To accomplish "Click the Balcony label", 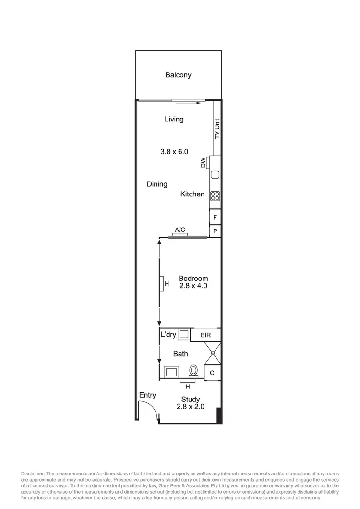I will pyautogui.click(x=178, y=75).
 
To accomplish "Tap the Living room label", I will pyautogui.click(x=174, y=119).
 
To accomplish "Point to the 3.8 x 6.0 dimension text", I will pyautogui.click(x=174, y=151).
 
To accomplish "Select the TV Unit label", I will pyautogui.click(x=217, y=129).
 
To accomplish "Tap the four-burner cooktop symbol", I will pyautogui.click(x=215, y=195).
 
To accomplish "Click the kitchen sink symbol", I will pyautogui.click(x=215, y=175).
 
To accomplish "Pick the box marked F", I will pyautogui.click(x=215, y=218).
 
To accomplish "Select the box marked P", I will pyautogui.click(x=215, y=231).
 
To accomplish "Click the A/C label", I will pyautogui.click(x=180, y=230).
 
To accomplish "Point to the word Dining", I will pyautogui.click(x=157, y=184).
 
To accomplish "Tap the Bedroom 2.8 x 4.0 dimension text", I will pyautogui.click(x=193, y=286).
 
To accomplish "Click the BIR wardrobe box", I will pyautogui.click(x=206, y=335).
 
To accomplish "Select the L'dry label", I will pyautogui.click(x=168, y=334).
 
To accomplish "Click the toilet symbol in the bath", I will pyautogui.click(x=194, y=370).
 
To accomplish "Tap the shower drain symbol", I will pyautogui.click(x=212, y=353).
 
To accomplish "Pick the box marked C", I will pyautogui.click(x=212, y=372).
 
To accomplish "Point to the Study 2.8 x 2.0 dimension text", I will pyautogui.click(x=191, y=406).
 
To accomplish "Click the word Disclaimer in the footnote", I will pyautogui.click(x=32, y=474).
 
